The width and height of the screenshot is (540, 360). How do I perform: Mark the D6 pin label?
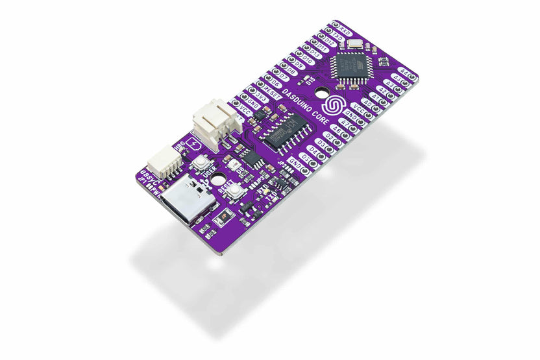[x=275, y=83]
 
